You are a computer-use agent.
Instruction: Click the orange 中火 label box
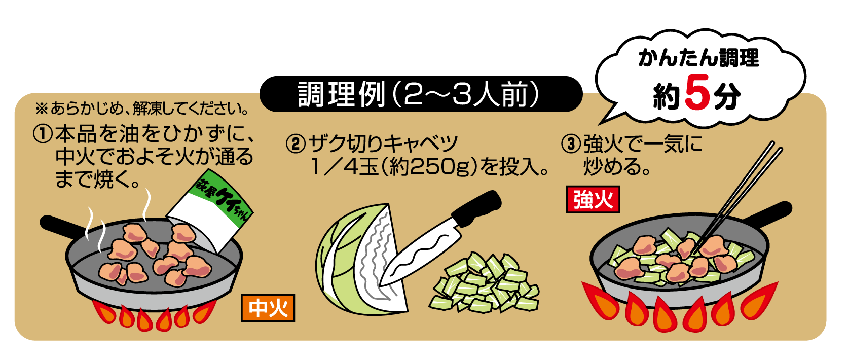tap(268, 308)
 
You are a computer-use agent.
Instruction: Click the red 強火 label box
tap(593, 200)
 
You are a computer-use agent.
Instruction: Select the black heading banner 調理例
tap(421, 94)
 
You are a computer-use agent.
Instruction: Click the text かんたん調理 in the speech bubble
tap(698, 59)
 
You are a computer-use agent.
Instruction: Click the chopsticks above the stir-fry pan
tap(745, 188)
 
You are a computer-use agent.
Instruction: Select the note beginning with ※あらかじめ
tap(142, 109)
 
